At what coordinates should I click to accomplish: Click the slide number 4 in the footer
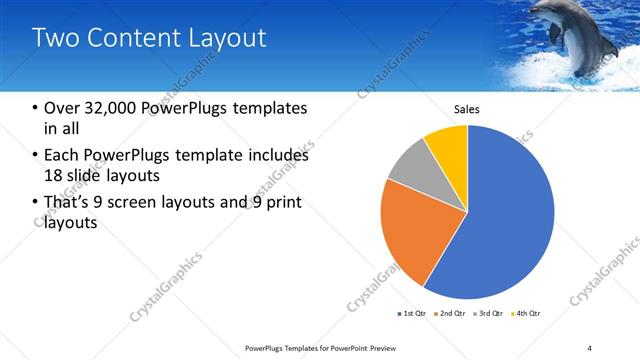click(590, 347)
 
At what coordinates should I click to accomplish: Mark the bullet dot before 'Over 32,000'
click(36, 108)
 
